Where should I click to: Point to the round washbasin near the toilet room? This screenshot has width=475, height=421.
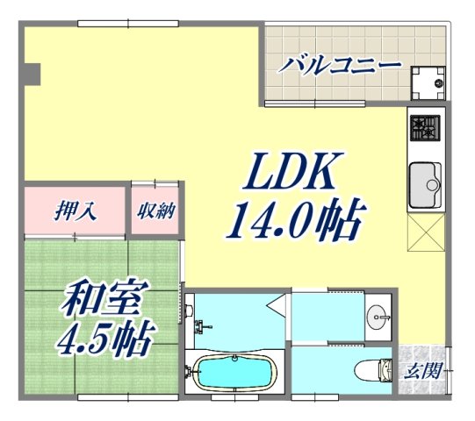click(381, 315)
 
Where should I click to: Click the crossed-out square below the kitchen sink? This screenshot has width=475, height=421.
click(428, 232)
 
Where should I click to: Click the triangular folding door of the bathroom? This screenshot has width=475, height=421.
click(278, 304)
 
